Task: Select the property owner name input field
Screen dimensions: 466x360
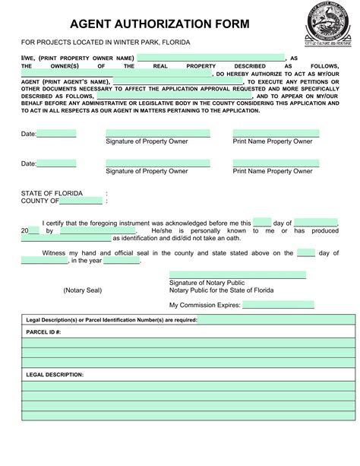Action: (x=210, y=58)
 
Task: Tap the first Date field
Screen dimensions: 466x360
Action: (x=56, y=134)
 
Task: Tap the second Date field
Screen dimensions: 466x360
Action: (x=56, y=163)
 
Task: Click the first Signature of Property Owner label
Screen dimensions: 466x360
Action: (x=147, y=141)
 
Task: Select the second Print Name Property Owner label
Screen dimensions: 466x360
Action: (x=272, y=171)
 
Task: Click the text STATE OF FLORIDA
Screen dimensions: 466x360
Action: (x=52, y=193)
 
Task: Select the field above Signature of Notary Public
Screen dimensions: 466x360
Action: (x=237, y=275)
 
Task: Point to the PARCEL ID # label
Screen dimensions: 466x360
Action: (x=43, y=332)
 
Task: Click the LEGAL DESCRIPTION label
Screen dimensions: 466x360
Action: (x=55, y=375)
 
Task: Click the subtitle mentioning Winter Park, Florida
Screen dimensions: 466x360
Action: (x=106, y=41)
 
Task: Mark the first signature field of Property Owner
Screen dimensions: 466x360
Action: (x=157, y=133)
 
